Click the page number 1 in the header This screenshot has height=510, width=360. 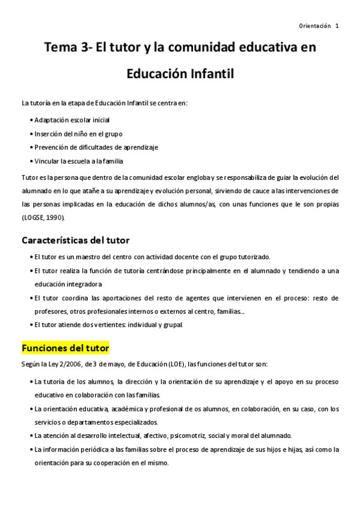click(337, 26)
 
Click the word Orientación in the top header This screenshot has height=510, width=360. click(314, 26)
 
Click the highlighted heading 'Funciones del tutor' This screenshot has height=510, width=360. click(65, 348)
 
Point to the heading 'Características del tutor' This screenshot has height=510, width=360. click(75, 241)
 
